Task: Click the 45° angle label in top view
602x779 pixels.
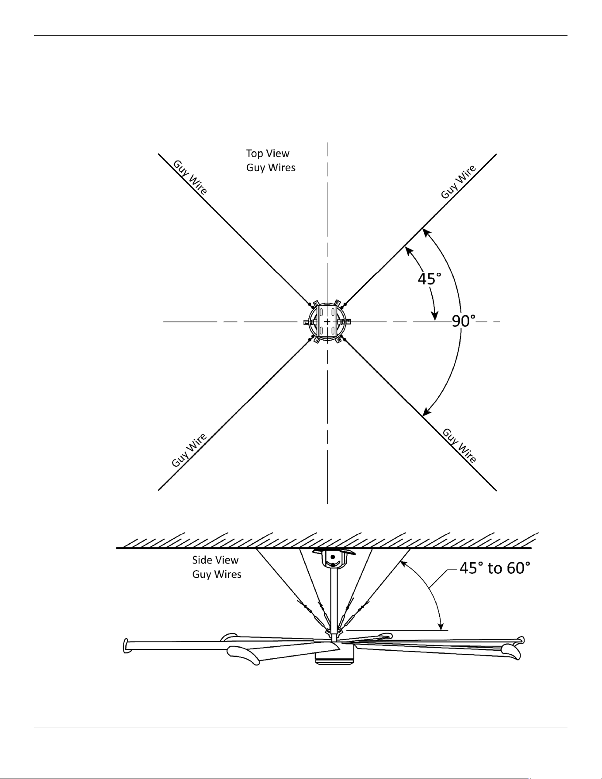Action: coord(429,279)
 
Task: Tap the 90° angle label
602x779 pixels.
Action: coord(464,321)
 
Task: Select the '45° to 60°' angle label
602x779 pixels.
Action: coord(495,568)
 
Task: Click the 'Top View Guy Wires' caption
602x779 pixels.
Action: coord(271,160)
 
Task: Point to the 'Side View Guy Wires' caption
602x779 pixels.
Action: coord(217,567)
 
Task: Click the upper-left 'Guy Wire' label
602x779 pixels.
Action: coord(190,177)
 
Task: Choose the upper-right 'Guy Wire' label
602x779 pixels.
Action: coord(459,181)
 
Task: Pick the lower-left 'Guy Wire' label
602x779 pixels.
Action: coord(189,450)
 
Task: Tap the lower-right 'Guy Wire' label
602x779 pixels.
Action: coord(460,445)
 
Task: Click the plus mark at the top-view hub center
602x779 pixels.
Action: coord(327,322)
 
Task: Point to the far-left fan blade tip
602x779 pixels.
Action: coord(125,645)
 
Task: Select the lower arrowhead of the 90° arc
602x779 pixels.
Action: coord(426,411)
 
